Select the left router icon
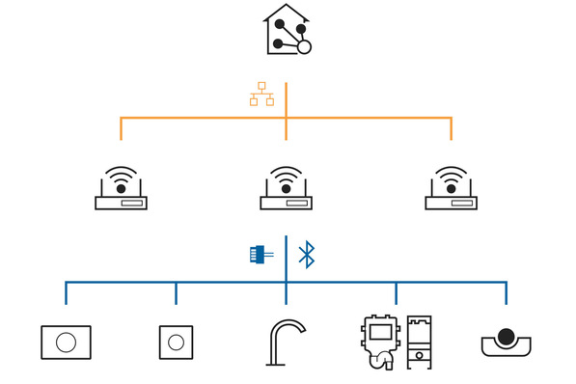121,190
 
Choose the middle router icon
287,190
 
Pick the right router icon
452,190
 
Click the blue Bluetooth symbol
307,255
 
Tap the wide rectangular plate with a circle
66,342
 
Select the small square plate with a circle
176,342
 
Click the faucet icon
286,342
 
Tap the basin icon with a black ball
507,342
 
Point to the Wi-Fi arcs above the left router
121,176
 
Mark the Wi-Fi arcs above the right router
452,176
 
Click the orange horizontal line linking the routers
193,118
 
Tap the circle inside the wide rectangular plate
66,343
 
